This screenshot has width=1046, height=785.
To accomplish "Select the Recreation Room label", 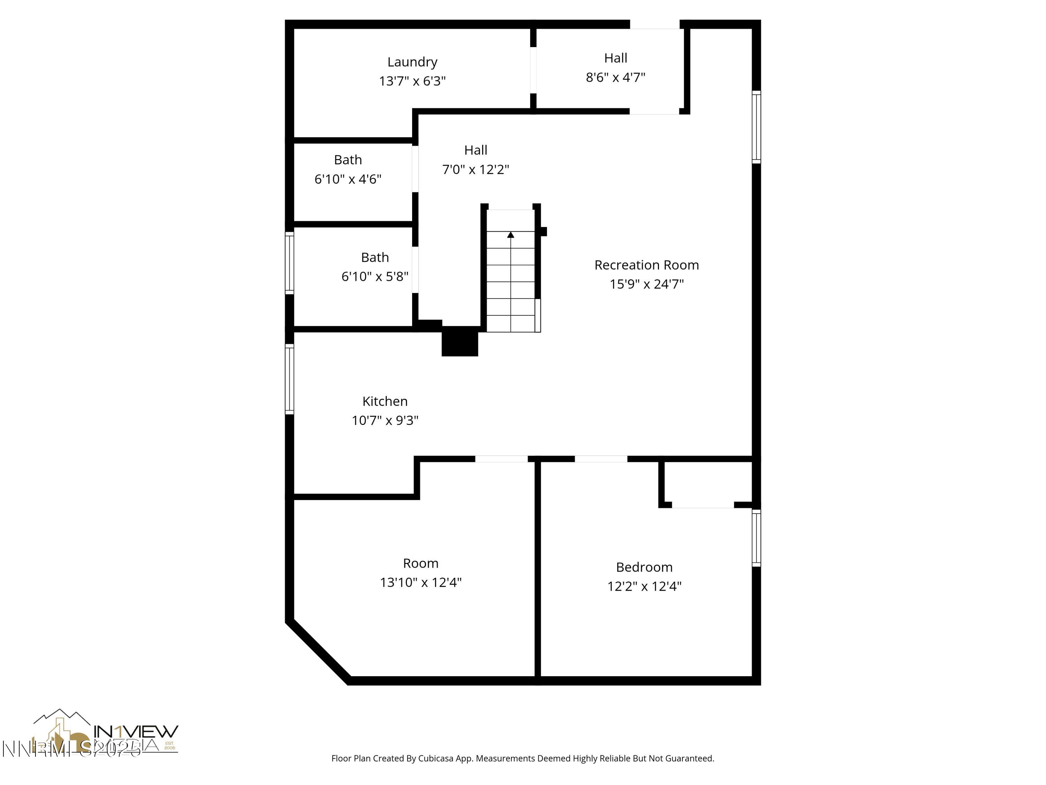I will (x=646, y=265).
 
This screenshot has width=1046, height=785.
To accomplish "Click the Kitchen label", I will (x=385, y=401).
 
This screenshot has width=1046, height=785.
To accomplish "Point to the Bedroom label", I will (x=644, y=567).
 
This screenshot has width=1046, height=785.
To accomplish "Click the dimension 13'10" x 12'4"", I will (x=420, y=583).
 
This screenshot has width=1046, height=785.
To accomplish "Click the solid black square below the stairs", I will (x=460, y=341).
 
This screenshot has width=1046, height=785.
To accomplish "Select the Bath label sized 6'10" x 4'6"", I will (x=348, y=160).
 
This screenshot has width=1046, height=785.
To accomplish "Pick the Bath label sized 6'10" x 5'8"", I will (x=374, y=257).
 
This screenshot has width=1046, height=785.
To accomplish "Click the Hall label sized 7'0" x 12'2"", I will (x=475, y=150).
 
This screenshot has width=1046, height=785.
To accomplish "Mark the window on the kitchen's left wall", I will (x=289, y=379).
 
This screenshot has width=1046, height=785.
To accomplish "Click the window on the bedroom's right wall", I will (x=756, y=538).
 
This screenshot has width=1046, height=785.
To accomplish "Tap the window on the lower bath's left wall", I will (x=289, y=263).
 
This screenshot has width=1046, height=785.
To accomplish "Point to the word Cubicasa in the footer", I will (x=435, y=758).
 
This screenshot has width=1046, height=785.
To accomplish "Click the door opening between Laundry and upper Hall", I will (x=533, y=70).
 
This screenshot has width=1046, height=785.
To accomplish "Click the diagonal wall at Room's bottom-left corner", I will (x=318, y=652).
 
